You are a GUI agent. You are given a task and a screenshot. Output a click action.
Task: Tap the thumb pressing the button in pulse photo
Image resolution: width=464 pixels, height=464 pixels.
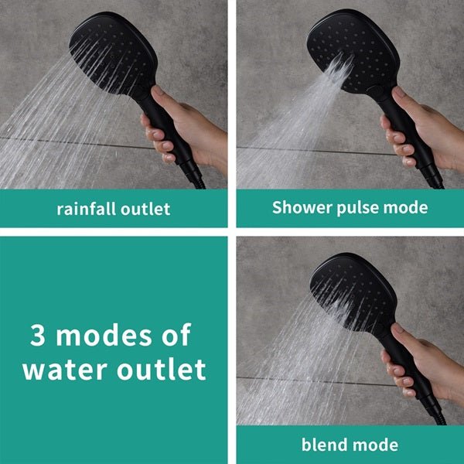pos(401,95)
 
